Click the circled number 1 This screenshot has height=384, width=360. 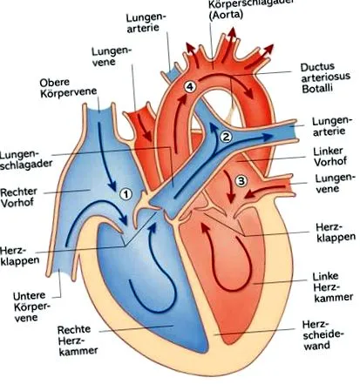(126, 194)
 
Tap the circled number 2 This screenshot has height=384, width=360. (226, 137)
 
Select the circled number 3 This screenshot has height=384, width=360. (241, 181)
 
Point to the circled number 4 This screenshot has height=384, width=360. (189, 87)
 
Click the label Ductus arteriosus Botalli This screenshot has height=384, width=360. (325, 78)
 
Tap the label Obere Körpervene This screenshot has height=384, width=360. (68, 87)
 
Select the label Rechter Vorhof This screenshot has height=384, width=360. (19, 198)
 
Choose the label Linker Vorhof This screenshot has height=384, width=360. (330, 157)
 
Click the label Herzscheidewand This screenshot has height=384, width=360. (323, 334)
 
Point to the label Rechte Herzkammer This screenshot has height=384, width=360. (78, 340)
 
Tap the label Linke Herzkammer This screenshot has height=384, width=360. (333, 286)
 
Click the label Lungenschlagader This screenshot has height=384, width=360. (25, 158)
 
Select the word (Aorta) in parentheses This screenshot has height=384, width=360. (226, 15)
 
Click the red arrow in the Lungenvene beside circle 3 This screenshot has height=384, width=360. (263, 191)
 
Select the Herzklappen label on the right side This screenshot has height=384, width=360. (336, 232)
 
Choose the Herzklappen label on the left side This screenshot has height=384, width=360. (19, 255)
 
